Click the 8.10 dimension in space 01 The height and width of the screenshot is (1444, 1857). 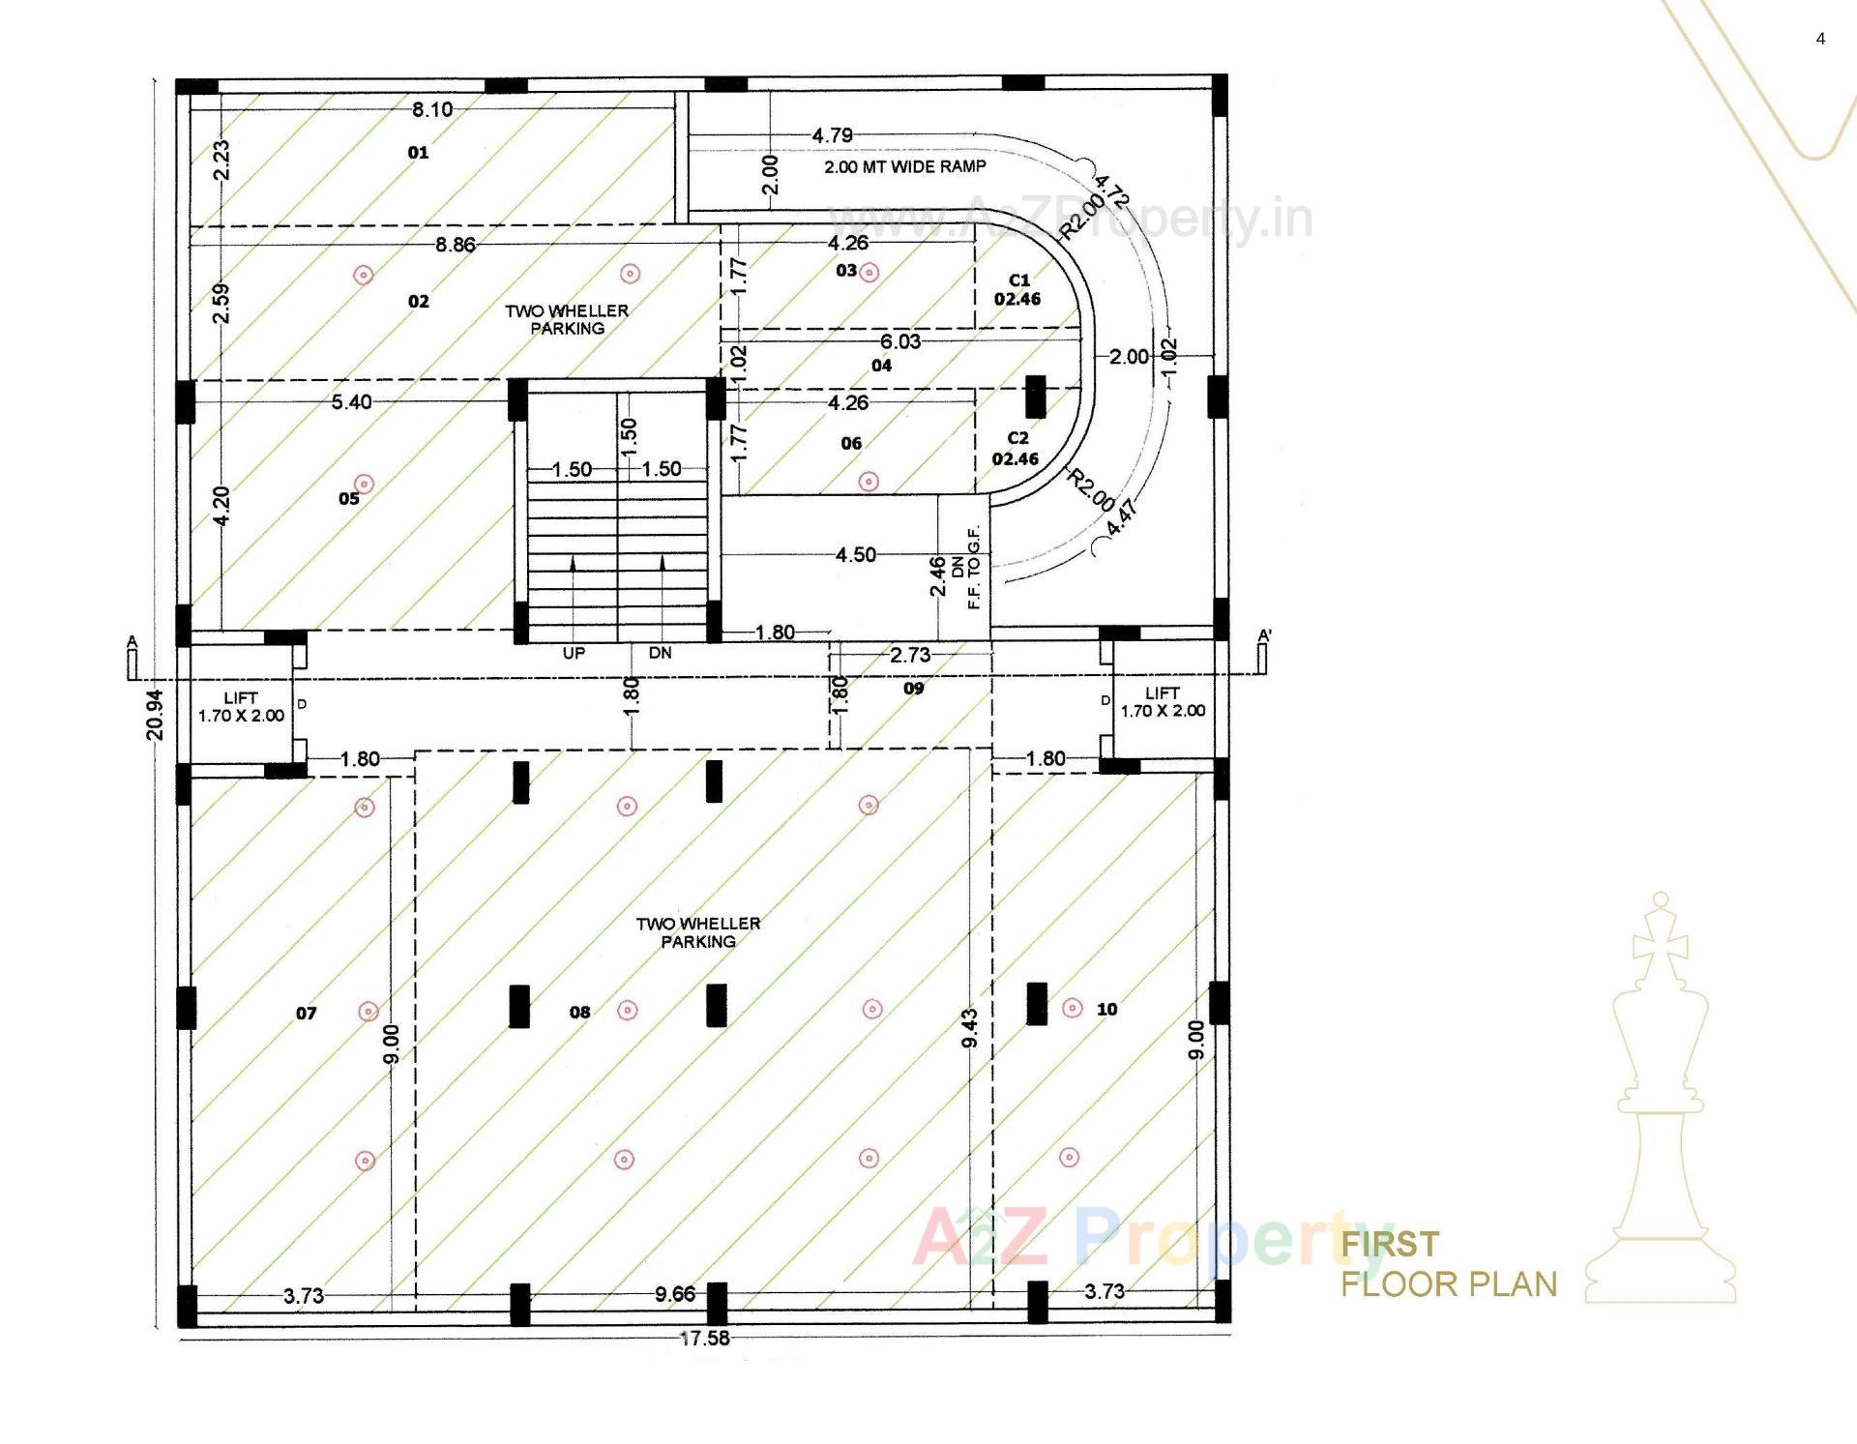pyautogui.click(x=432, y=109)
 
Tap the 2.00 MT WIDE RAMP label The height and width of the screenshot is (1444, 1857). pyautogui.click(x=904, y=166)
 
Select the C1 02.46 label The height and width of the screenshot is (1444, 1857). pyautogui.click(x=1017, y=289)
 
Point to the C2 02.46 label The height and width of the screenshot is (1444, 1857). pyautogui.click(x=1016, y=449)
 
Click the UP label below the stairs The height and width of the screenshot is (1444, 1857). pyautogui.click(x=574, y=653)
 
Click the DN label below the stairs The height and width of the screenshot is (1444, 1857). pyautogui.click(x=660, y=653)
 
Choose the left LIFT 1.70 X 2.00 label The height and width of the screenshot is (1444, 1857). pyautogui.click(x=241, y=707)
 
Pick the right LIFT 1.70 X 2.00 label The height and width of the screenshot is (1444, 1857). pyautogui.click(x=1163, y=702)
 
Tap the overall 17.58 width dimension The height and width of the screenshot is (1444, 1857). pyautogui.click(x=705, y=1339)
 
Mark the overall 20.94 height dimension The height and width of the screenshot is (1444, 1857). pyautogui.click(x=155, y=714)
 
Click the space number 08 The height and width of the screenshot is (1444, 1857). pyautogui.click(x=579, y=1013)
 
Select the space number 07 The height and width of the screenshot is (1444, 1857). pyautogui.click(x=306, y=1014)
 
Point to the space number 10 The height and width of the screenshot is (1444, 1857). pyautogui.click(x=1106, y=1010)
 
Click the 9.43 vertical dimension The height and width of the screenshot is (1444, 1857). pyautogui.click(x=970, y=1028)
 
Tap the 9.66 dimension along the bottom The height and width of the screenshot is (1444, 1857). pyautogui.click(x=674, y=1294)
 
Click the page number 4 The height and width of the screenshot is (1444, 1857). pyautogui.click(x=1821, y=39)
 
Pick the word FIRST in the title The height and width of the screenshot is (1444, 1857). pyautogui.click(x=1390, y=1244)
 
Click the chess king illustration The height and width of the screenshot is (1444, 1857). pyautogui.click(x=1660, y=1103)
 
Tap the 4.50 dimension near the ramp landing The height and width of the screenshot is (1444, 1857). pyautogui.click(x=856, y=554)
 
